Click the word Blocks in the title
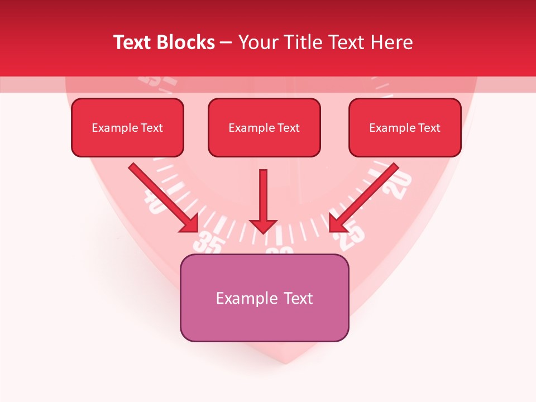coord(186,42)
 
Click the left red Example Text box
coord(127,127)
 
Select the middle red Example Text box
coord(264,127)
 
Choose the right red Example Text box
coord(405,127)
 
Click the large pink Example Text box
coord(264,298)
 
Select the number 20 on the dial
coord(400,185)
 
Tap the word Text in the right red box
coord(429,127)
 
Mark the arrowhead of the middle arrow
coord(263,226)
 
